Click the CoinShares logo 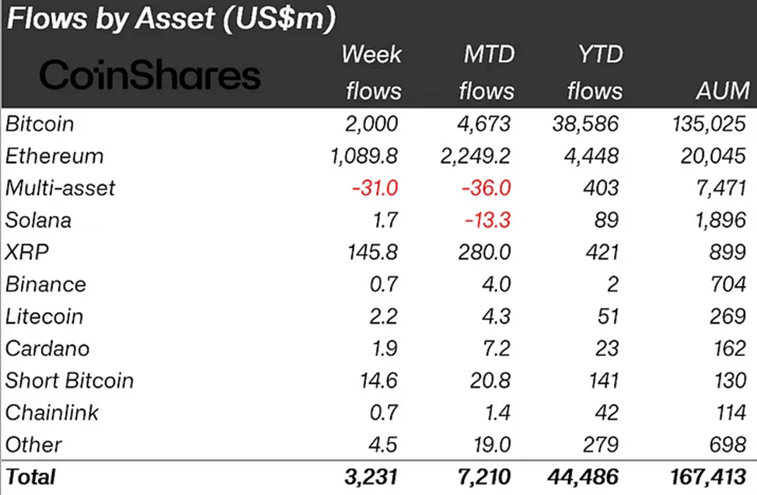click(x=149, y=75)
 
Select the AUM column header click(x=722, y=91)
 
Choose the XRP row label click(x=23, y=253)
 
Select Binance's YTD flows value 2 click(x=612, y=284)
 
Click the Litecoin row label click(x=44, y=316)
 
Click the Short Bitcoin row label click(x=69, y=381)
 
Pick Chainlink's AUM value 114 click(x=727, y=413)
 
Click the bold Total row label click(x=30, y=476)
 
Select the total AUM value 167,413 click(x=704, y=476)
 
